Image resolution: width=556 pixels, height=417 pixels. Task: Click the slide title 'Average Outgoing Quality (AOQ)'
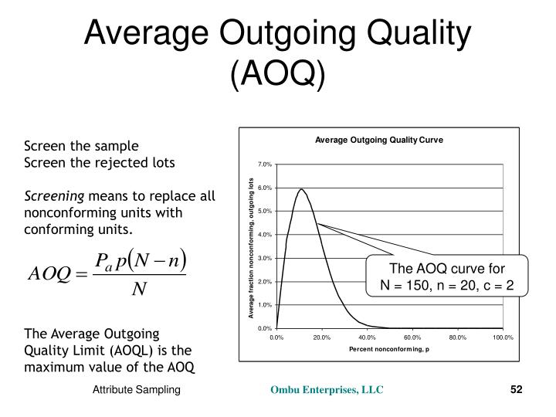pos(277,51)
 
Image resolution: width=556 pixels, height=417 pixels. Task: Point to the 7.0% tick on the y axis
pos(265,165)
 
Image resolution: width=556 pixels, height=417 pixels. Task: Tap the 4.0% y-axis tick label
pos(265,235)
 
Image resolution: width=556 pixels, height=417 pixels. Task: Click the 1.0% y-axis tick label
pos(265,305)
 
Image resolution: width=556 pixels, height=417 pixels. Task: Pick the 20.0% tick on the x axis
pos(322,337)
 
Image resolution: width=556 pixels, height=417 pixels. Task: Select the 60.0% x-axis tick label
pos(412,337)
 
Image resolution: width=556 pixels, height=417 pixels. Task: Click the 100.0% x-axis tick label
pos(502,337)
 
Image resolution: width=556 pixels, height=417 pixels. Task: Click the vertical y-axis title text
pos(251,247)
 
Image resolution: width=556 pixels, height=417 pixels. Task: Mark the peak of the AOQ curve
pos(301,189)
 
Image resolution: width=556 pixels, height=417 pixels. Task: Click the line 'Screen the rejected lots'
pos(100,162)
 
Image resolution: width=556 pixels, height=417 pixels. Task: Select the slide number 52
pos(517,391)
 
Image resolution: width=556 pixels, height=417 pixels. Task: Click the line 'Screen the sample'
pos(81,145)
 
